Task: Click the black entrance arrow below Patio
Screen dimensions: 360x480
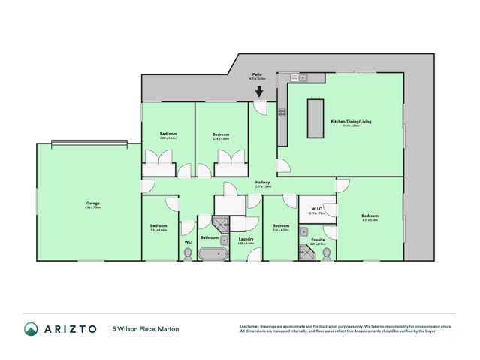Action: (258, 92)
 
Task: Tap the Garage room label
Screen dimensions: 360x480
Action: (93, 204)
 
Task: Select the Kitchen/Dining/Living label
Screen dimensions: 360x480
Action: (351, 121)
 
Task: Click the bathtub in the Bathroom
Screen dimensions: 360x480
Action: (214, 255)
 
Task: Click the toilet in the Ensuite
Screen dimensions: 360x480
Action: (325, 254)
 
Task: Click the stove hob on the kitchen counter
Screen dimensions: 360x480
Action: (282, 113)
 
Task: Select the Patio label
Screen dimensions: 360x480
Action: (256, 74)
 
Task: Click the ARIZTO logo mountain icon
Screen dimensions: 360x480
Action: (31, 328)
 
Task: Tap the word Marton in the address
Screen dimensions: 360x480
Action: (169, 328)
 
